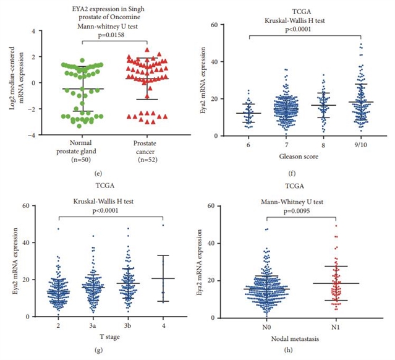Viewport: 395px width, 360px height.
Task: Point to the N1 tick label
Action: click(x=334, y=325)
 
